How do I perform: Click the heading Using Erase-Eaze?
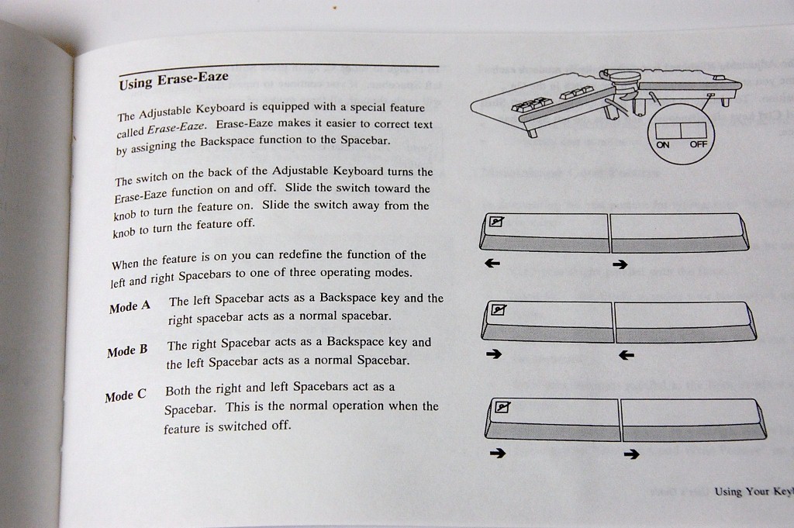pyautogui.click(x=174, y=80)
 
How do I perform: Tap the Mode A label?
pyautogui.click(x=129, y=306)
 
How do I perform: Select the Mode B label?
pyautogui.click(x=127, y=351)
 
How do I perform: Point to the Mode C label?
pyautogui.click(x=126, y=396)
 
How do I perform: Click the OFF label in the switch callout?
pyautogui.click(x=698, y=145)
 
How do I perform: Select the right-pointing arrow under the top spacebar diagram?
pyautogui.click(x=620, y=265)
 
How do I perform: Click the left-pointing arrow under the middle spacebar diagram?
pyautogui.click(x=627, y=356)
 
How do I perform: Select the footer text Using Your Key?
pyautogui.click(x=752, y=491)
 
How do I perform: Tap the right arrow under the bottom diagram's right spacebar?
pyautogui.click(x=632, y=454)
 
